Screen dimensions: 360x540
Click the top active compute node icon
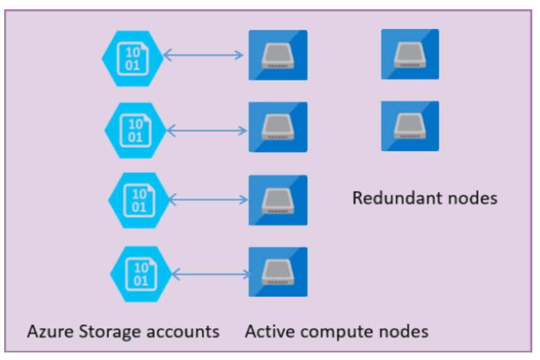coord(278,55)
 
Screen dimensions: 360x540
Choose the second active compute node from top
coord(278,128)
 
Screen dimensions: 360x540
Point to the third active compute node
coord(278,200)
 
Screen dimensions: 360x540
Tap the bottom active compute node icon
coord(278,272)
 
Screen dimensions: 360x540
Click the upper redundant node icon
coord(410,54)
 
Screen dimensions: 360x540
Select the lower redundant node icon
coord(410,126)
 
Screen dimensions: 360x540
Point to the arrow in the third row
coord(209,200)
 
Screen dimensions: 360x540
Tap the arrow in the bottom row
coord(212,274)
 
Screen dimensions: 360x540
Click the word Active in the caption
coord(266,331)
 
